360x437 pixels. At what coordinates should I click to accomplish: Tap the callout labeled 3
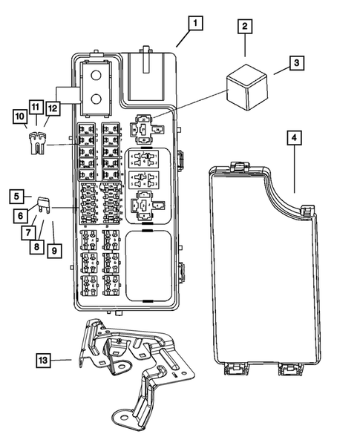pos(295,64)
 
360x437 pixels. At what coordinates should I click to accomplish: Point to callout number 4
pos(295,138)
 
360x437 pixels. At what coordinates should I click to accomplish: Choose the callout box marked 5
pos(16,197)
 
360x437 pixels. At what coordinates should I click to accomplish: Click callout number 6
pos(22,215)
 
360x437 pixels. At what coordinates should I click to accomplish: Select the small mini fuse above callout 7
pos(44,201)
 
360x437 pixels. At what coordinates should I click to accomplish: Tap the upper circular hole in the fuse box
pos(95,73)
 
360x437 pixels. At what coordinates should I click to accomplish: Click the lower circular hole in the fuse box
pos(95,99)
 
